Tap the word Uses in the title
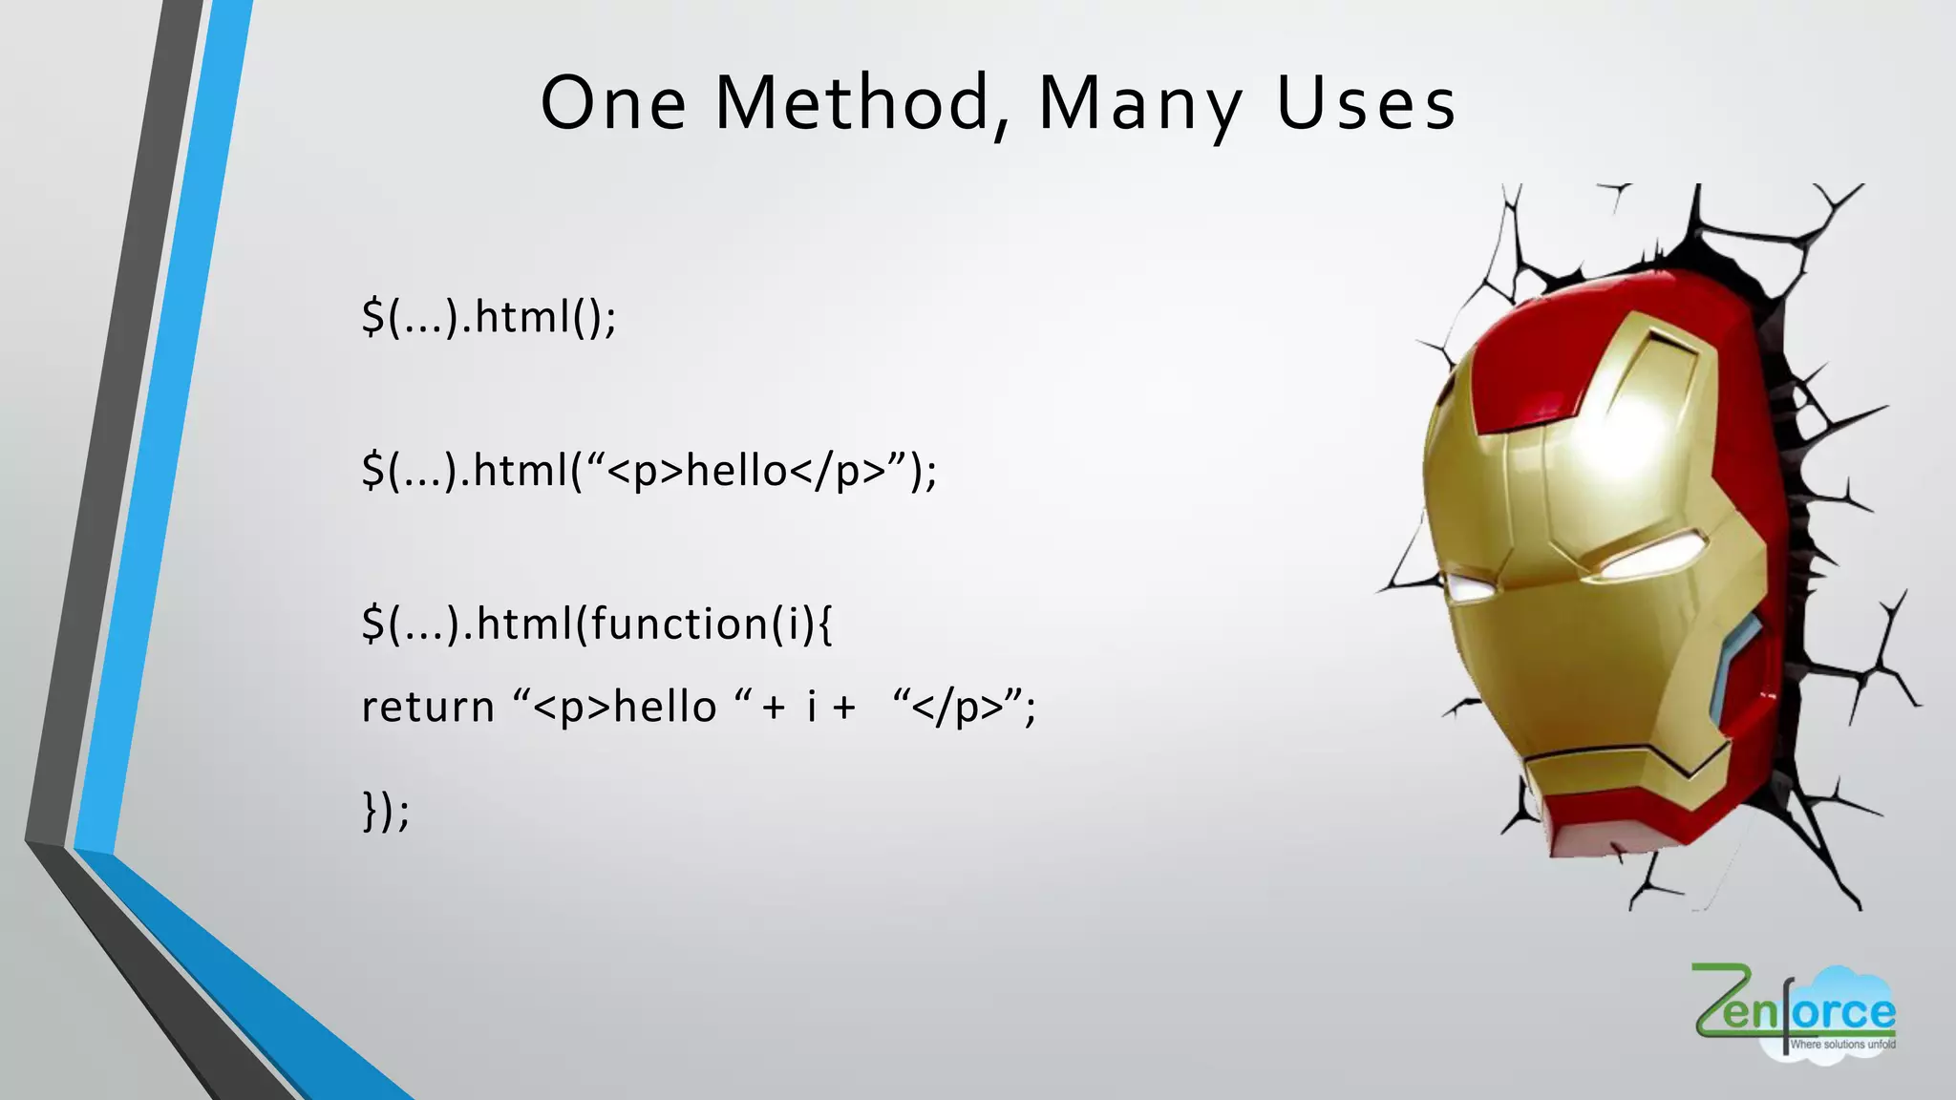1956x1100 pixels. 1366,103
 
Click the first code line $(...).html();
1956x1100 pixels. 489,317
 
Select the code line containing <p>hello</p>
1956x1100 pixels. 649,471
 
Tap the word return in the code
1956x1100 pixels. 428,708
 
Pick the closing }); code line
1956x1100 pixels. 386,812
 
